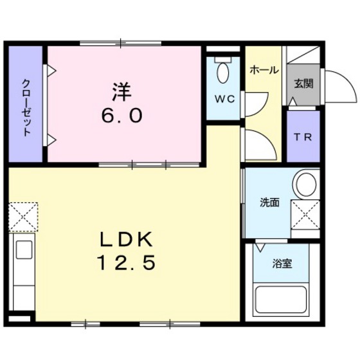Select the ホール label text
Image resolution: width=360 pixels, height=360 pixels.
click(x=264, y=69)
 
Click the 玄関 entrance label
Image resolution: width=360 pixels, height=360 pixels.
click(x=303, y=84)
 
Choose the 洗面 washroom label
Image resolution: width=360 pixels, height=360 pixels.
click(x=269, y=203)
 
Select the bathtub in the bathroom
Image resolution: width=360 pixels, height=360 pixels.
click(x=280, y=301)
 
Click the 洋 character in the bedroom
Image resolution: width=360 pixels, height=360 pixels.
click(x=122, y=92)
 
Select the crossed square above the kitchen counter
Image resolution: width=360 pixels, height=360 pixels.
click(x=24, y=216)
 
